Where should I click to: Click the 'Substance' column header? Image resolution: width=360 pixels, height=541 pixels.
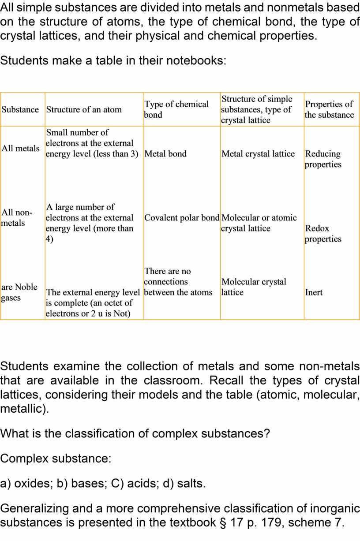coord(20,109)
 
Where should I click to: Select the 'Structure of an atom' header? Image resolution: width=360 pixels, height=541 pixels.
coord(84,109)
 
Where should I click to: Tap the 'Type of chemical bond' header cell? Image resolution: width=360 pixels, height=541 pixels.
coord(176,109)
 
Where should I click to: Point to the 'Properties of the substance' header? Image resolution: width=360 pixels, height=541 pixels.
coord(329,109)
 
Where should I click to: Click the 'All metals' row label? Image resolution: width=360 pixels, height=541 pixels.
coord(20,148)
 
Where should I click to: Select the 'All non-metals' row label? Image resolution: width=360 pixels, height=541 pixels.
coord(17,218)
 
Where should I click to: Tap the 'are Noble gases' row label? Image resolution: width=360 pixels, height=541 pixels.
coord(19,292)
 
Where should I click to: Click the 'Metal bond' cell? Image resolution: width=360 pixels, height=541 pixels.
coord(165,154)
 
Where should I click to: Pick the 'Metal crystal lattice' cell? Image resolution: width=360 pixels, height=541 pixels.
coord(258,154)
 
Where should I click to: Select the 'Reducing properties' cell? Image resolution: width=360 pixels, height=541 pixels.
coord(323,159)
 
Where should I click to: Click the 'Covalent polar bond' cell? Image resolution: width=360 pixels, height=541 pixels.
coord(182,218)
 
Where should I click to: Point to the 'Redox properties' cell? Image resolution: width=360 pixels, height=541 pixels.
coord(323,234)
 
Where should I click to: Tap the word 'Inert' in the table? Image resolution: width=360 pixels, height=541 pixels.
coord(314,292)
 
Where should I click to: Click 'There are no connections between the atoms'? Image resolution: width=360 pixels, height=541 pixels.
coord(178,282)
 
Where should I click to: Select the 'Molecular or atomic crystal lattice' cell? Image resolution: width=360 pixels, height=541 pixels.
coord(259,223)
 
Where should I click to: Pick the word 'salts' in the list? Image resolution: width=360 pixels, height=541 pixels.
coord(191,483)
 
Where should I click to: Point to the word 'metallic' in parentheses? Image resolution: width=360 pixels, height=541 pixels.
coord(22,408)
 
